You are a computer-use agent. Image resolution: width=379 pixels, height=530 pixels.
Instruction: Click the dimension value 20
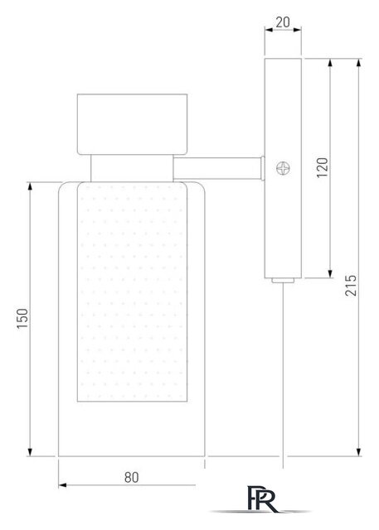click(283, 22)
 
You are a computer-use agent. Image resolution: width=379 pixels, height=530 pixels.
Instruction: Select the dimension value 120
click(323, 167)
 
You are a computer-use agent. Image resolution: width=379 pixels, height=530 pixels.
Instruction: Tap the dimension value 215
click(351, 286)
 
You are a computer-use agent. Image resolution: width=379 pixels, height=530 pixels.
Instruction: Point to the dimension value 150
click(22, 319)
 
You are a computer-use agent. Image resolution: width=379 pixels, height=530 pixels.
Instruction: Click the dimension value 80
click(132, 477)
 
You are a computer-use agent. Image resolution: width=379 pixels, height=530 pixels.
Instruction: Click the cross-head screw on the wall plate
click(283, 168)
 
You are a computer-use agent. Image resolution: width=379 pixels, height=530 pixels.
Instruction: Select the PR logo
click(262, 499)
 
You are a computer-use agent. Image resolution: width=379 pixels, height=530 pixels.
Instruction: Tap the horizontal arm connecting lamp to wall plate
click(217, 168)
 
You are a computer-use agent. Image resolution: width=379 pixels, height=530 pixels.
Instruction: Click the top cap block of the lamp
click(133, 124)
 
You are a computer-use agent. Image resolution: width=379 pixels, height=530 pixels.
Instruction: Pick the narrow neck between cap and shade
click(132, 168)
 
